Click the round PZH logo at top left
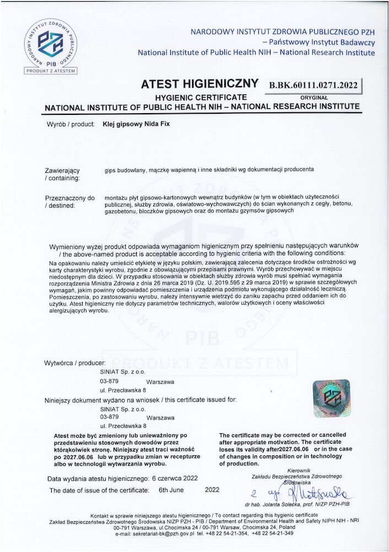coord(51,43)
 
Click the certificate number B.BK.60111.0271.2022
coord(313,85)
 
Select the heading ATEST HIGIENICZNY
coord(199,84)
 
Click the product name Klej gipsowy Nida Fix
coord(137,124)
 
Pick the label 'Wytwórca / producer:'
coord(75,363)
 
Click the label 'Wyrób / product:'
coord(71,124)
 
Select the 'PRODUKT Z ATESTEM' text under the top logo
coord(51,71)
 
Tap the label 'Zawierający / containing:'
coord(62,174)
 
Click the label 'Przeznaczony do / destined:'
coord(69,201)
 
